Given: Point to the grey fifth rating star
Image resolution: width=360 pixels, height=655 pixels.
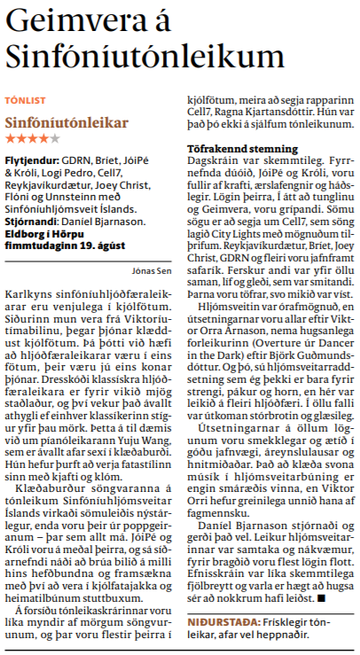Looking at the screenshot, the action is click(56, 139).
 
